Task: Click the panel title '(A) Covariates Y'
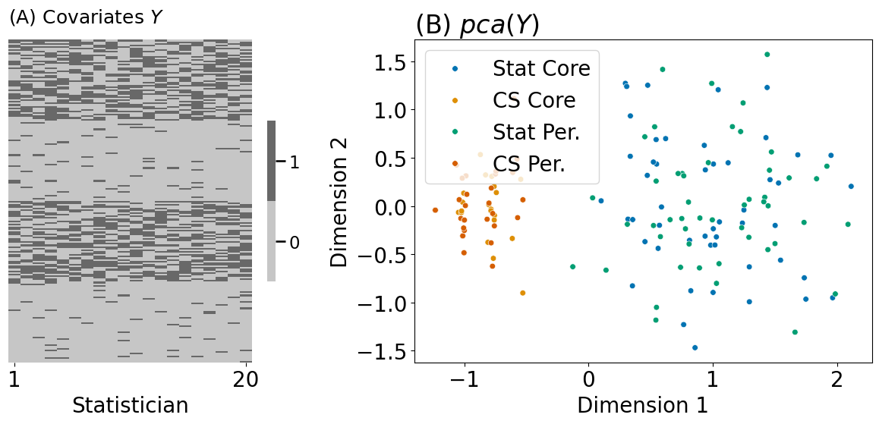[85, 18]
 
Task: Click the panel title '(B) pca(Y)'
[477, 25]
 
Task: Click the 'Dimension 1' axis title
[642, 404]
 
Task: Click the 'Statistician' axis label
[130, 406]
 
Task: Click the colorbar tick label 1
[295, 162]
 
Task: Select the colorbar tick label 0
[295, 242]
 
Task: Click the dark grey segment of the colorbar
[271, 161]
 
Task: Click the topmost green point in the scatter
[767, 55]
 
